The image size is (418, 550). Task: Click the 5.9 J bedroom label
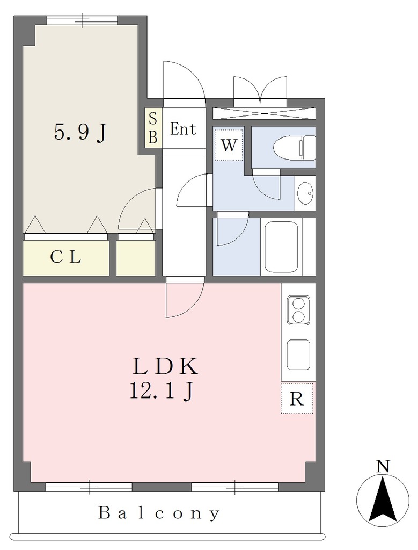(80, 133)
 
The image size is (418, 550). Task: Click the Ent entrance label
(183, 129)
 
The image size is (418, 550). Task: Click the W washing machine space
(229, 145)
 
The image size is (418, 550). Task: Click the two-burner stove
(298, 310)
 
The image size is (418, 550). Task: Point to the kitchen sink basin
(298, 354)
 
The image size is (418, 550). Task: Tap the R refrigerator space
(297, 398)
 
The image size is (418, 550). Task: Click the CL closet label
(65, 257)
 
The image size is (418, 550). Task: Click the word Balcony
(159, 513)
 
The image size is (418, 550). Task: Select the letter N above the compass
(384, 467)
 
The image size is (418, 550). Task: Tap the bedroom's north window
(82, 20)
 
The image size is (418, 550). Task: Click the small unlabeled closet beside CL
(136, 258)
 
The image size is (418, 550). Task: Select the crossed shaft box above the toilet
(265, 114)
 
